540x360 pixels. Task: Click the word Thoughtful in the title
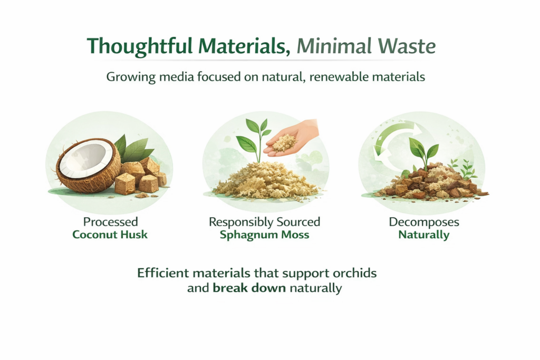[x=139, y=46]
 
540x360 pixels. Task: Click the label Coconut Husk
[x=110, y=235]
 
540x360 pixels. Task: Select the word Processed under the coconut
[x=111, y=222]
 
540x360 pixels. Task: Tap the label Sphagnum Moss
[x=265, y=235]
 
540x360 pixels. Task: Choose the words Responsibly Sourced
[x=265, y=222]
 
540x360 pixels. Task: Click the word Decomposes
[x=424, y=222]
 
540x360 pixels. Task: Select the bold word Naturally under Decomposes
[x=424, y=235]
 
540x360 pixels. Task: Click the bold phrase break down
[x=249, y=288]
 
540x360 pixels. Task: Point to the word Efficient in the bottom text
[x=163, y=273]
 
